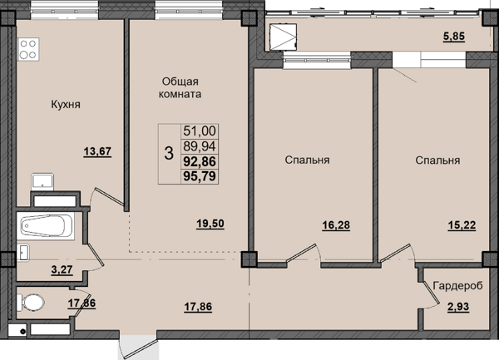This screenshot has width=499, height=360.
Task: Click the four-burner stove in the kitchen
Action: click(x=28, y=49)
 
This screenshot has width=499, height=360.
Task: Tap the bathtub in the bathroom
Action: click(x=46, y=226)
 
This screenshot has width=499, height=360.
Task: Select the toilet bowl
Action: click(x=31, y=303)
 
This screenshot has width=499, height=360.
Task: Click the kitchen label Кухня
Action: click(x=66, y=104)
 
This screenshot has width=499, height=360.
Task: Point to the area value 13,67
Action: click(x=97, y=151)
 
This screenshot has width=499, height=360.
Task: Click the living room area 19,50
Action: click(x=210, y=224)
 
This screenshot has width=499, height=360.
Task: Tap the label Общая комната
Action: click(x=180, y=88)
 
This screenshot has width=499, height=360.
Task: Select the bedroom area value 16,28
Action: click(x=336, y=225)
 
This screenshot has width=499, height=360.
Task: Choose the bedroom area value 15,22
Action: click(x=462, y=225)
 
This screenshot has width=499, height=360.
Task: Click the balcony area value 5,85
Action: click(x=454, y=37)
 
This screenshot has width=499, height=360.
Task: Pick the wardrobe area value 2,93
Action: click(x=458, y=307)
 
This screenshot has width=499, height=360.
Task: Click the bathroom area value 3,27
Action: click(x=62, y=270)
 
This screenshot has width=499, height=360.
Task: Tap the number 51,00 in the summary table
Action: click(x=200, y=131)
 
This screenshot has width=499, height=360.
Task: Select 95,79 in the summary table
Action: click(x=200, y=175)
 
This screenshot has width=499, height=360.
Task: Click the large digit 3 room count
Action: click(x=169, y=153)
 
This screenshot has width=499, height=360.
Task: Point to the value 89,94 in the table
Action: click(x=200, y=146)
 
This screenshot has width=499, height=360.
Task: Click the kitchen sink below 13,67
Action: click(x=42, y=181)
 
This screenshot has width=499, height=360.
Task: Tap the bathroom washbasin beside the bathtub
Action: click(x=23, y=253)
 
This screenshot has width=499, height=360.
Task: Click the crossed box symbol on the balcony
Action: click(x=284, y=37)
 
